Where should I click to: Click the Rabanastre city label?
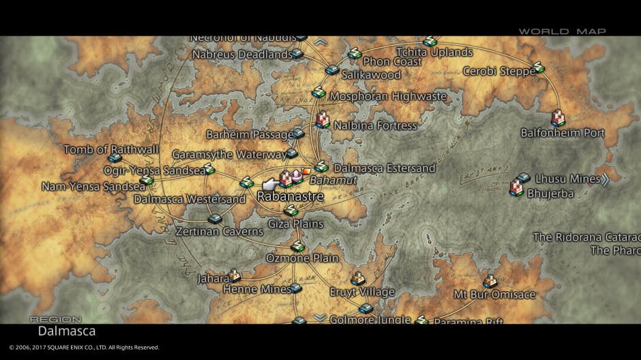pos(290,196)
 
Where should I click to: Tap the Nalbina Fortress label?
pos(374,125)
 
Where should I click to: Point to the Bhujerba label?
pos(550,194)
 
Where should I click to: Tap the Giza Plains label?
pos(295,224)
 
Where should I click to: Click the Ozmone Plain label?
pos(302,258)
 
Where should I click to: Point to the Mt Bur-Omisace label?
pos(494,295)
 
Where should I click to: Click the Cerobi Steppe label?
pos(498,71)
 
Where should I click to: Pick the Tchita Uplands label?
pos(434,52)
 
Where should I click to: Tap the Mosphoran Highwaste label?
pos(388,96)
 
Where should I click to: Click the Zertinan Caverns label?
pos(219,232)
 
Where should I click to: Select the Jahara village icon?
pos(235,275)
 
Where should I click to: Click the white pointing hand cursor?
pos(271,183)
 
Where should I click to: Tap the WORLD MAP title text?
pos(562,31)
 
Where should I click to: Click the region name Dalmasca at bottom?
pos(66,331)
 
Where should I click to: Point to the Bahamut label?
pos(323,181)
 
